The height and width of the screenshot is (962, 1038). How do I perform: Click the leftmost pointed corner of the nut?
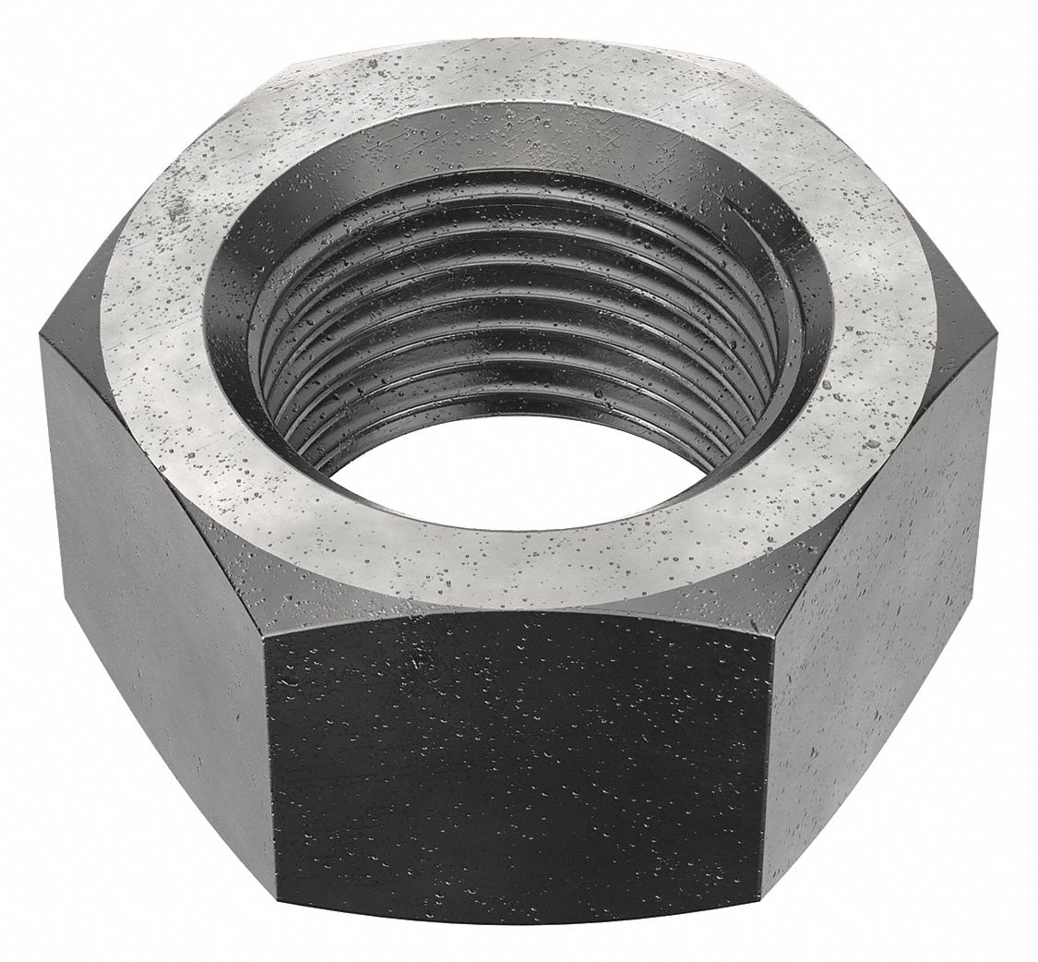[39, 337]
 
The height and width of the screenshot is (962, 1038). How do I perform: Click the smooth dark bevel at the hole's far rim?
[517, 148]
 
